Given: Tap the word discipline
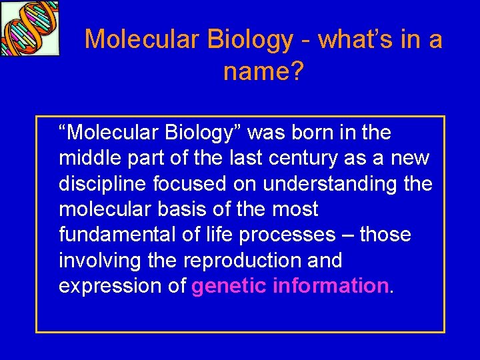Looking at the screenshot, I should pyautogui.click(x=99, y=184).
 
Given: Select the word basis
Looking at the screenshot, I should pyautogui.click(x=176, y=209).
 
